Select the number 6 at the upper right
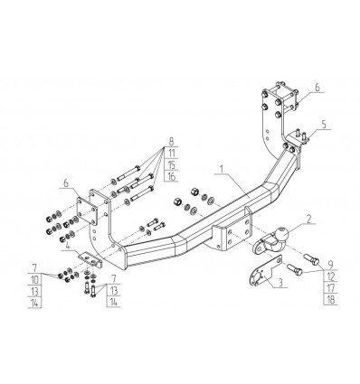317,89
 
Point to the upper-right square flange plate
274,100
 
